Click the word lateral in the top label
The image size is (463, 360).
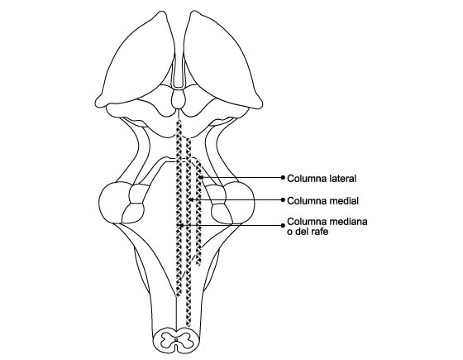[342, 179]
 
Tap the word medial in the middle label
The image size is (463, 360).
[343, 201]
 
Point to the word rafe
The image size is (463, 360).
[319, 232]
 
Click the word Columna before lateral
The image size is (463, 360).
[307, 179]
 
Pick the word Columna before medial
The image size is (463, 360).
[307, 201]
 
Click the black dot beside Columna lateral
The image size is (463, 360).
[283, 177]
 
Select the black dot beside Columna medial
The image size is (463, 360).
[283, 199]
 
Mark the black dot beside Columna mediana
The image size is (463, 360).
[283, 225]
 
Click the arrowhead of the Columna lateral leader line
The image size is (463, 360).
[200, 177]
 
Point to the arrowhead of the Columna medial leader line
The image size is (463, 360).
[190, 199]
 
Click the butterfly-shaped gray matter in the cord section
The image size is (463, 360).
[177, 339]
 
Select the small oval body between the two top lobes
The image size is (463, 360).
[178, 99]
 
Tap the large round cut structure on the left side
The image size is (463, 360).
[114, 203]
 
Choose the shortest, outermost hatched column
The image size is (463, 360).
[198, 213]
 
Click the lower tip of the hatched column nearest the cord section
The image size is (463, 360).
[189, 326]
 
